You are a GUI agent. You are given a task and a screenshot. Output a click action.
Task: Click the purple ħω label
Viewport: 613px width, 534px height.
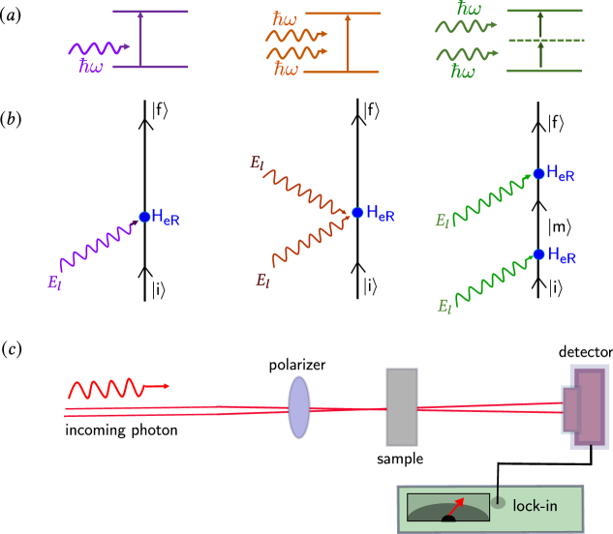pyautogui.click(x=90, y=67)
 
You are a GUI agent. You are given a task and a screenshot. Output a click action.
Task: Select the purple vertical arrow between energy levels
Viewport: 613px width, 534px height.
pyautogui.click(x=140, y=39)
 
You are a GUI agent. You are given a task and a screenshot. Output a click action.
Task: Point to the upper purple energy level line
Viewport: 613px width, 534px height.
pyautogui.click(x=150, y=12)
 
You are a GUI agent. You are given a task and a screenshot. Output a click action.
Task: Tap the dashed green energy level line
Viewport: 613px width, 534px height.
pyautogui.click(x=545, y=41)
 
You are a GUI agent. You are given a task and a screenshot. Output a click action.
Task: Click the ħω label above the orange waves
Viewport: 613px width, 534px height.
pyautogui.click(x=285, y=19)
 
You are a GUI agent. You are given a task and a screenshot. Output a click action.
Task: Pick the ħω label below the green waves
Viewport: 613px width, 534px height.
pyautogui.click(x=463, y=73)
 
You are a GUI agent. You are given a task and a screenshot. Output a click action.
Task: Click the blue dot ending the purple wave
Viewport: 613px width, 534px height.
pyautogui.click(x=144, y=217)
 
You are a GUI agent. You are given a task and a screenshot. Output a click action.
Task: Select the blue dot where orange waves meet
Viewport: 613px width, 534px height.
pyautogui.click(x=357, y=213)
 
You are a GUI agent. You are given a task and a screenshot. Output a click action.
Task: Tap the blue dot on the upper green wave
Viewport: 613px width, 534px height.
pyautogui.click(x=538, y=174)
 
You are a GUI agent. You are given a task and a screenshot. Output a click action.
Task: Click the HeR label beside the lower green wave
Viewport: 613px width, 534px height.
pyautogui.click(x=562, y=256)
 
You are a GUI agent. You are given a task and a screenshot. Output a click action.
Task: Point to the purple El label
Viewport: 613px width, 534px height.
pyautogui.click(x=54, y=283)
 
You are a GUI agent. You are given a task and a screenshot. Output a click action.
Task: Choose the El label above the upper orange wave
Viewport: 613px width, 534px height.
pyautogui.click(x=257, y=163)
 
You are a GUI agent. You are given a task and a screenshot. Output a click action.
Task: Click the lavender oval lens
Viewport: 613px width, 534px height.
pyautogui.click(x=299, y=407)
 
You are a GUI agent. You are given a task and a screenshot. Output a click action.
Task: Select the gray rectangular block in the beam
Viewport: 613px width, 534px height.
pyautogui.click(x=402, y=406)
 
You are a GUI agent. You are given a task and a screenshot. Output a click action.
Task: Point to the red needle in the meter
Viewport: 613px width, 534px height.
pyautogui.click(x=455, y=507)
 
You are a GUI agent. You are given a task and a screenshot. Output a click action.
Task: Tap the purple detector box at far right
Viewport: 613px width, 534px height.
pyautogui.click(x=589, y=406)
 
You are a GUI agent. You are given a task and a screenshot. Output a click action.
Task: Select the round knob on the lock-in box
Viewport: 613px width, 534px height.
pyautogui.click(x=498, y=502)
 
